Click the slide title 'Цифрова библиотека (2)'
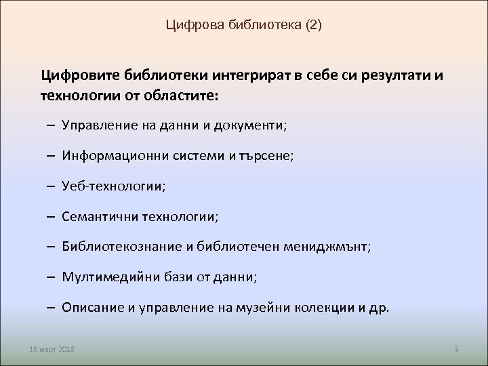(244, 26)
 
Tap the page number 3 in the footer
(457, 348)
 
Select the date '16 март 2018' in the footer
(52, 348)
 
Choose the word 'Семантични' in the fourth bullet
(94, 216)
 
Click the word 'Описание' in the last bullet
(88, 306)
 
